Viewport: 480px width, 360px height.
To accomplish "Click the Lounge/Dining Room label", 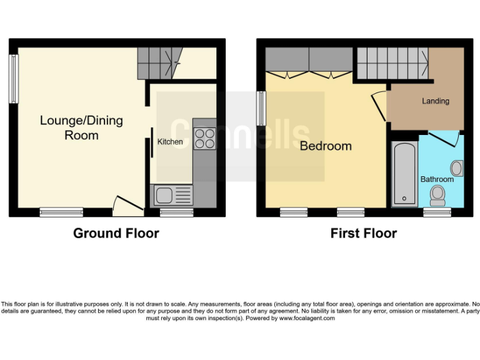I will (81, 127).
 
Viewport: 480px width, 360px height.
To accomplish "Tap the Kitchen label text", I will (170, 142).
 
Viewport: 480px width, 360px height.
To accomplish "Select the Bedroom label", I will (326, 146).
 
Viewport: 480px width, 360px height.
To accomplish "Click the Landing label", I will (435, 101).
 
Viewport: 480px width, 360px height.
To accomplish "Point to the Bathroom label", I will (437, 179).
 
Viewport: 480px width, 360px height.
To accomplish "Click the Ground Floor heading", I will (116, 234).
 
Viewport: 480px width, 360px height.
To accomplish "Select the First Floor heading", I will (363, 234).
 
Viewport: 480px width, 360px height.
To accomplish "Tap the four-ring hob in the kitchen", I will (204, 138).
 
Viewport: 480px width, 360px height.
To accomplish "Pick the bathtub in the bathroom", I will (404, 174).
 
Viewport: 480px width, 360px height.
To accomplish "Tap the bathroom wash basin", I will (457, 167).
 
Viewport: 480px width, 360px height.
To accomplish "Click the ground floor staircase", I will (159, 61).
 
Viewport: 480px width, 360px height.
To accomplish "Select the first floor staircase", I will (392, 63).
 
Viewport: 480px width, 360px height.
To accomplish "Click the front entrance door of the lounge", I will (124, 205).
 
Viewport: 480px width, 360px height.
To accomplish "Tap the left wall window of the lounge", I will (12, 79).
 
